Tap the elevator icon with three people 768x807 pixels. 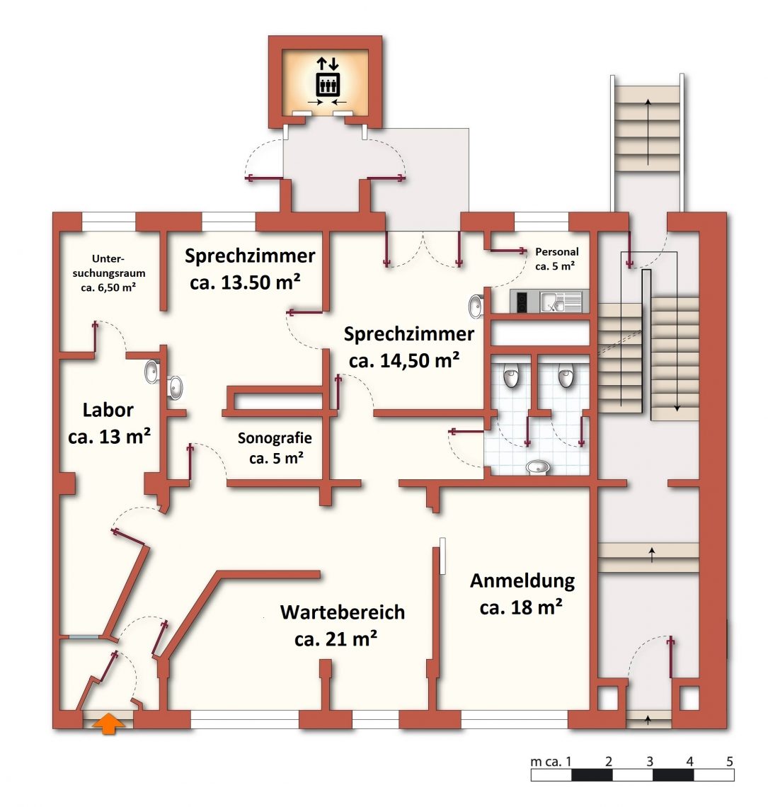pos(327,84)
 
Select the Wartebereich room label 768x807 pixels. pos(343,612)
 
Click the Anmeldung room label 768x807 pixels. pos(522,581)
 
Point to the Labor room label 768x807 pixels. pos(108,409)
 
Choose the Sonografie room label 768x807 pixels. pos(275,438)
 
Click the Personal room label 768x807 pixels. pos(556,251)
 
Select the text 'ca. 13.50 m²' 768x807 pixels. pos(246,282)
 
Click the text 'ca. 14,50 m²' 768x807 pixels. pos(405,360)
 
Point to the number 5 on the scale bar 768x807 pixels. pos(729,762)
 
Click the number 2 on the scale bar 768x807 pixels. pos(608,762)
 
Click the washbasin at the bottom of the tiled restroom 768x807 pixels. pos(538,467)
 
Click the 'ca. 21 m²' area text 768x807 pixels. pos(336,639)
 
